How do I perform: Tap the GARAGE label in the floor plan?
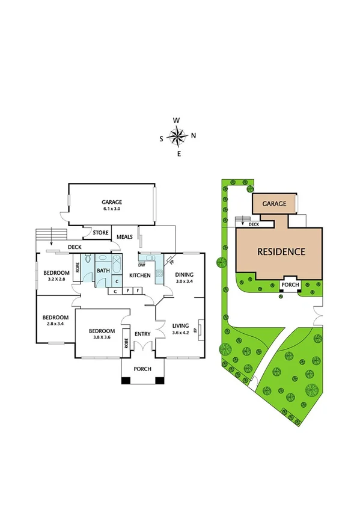[x=112, y=202]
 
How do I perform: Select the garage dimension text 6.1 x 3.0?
[x=112, y=209]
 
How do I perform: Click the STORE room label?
[x=100, y=232]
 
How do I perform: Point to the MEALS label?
[x=125, y=237]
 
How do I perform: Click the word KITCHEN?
[x=140, y=275]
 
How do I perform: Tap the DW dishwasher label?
[x=142, y=265]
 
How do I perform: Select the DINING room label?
[x=185, y=275]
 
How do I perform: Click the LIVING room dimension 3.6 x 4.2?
[x=180, y=333]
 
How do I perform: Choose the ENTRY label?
[x=142, y=334]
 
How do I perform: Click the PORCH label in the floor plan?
[x=142, y=369]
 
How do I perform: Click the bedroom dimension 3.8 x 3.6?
[x=102, y=337]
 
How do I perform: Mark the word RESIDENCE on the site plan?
[x=281, y=251]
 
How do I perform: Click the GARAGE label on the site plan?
[x=274, y=204]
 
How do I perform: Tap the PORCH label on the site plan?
[x=290, y=285]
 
